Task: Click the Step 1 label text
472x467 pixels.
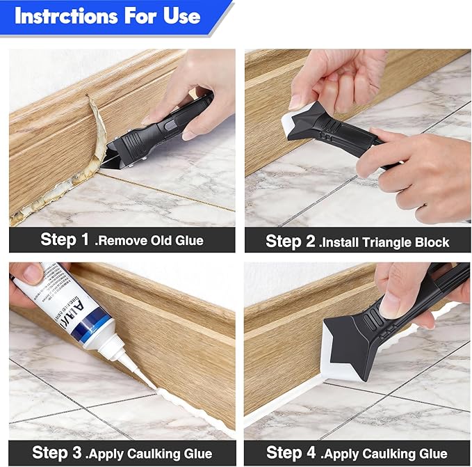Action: pyautogui.click(x=65, y=240)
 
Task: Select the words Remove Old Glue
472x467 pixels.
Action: pyautogui.click(x=149, y=241)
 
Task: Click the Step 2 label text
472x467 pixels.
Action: pyautogui.click(x=291, y=242)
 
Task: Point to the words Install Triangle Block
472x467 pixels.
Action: pyautogui.click(x=384, y=242)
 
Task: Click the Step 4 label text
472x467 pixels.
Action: pyautogui.click(x=291, y=452)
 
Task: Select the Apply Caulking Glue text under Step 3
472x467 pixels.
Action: pyautogui.click(x=149, y=453)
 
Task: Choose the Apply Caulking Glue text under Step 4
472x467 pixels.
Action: pyautogui.click(x=386, y=453)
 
